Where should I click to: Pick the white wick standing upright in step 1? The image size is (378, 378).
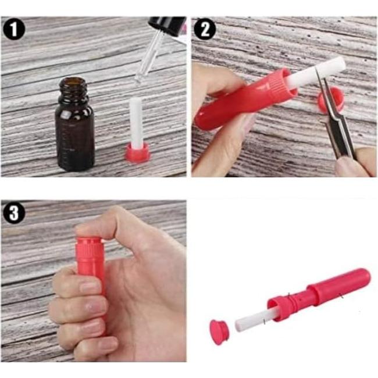[135, 122]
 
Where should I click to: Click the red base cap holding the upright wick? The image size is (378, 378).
[136, 152]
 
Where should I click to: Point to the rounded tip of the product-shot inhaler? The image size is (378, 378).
[364, 276]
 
